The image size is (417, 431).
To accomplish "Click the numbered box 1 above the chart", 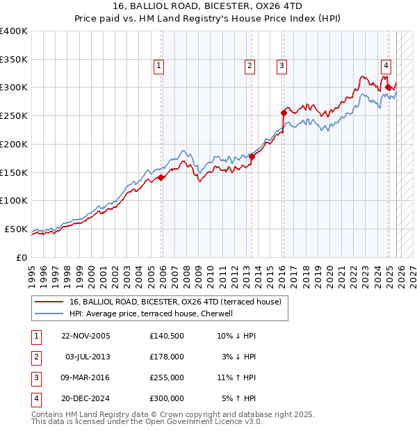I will [159, 66].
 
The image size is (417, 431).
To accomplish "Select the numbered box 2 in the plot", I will [250, 66].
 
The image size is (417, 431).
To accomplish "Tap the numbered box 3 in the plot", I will [281, 66].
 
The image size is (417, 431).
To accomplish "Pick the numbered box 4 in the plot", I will [385, 66].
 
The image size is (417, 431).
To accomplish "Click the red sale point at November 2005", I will [161, 177].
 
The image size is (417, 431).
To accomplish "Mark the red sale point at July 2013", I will [252, 156].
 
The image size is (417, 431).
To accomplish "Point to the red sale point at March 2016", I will [284, 113].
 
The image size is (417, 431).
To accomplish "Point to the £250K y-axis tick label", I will [13, 115].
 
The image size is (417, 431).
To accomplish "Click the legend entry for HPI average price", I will [151, 314].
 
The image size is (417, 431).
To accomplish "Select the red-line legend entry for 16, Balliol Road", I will [174, 302].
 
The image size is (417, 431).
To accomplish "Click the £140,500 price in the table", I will [166, 336].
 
